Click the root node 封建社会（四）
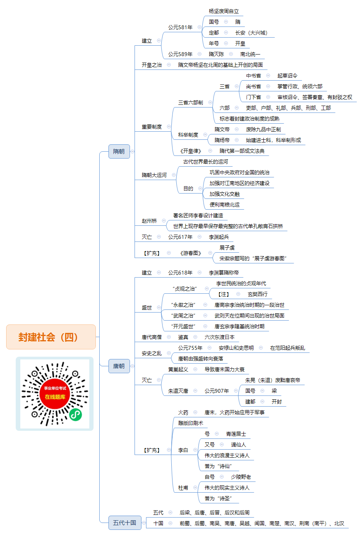pos(51,337)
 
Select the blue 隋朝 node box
pos(119,151)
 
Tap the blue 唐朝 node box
pos(119,366)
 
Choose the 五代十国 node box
pos(125,523)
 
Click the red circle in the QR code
pos(55,394)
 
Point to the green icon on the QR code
pos(76,415)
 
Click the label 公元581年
pos(180,27)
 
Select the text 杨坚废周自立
pos(224,11)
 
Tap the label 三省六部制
pos(191,103)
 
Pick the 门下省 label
pos(253,97)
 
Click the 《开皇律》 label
pos(191,151)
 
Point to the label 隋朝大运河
pos(154,175)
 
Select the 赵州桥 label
pos(149,221)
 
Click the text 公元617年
pos(180,237)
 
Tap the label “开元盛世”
pos(183,326)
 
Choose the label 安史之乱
pos(152,353)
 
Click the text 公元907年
pos(217,391)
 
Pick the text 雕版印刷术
pos(191,423)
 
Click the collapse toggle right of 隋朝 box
pos(133,151)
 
